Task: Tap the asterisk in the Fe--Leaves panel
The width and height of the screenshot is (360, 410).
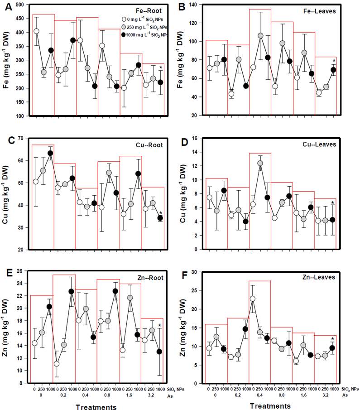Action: pos(334,61)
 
